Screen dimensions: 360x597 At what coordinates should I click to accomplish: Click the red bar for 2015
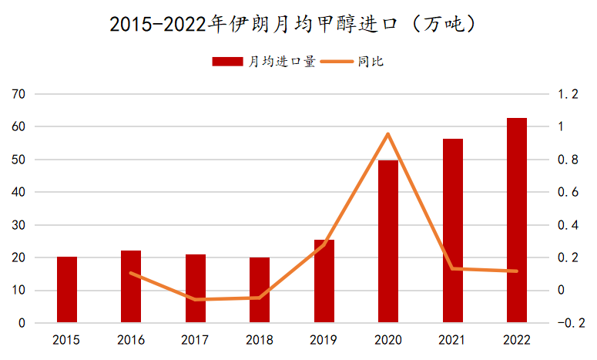click(67, 290)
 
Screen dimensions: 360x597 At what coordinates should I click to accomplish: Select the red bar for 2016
click(131, 287)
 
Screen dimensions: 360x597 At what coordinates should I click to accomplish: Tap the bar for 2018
click(260, 291)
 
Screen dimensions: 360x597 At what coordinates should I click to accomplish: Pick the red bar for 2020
click(388, 241)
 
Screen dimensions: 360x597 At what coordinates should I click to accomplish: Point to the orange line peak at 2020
click(388, 134)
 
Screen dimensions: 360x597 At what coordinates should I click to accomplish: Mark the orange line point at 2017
click(196, 300)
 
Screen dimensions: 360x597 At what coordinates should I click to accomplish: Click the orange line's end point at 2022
click(517, 271)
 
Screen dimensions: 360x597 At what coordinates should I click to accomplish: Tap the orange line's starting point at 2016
click(131, 273)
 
